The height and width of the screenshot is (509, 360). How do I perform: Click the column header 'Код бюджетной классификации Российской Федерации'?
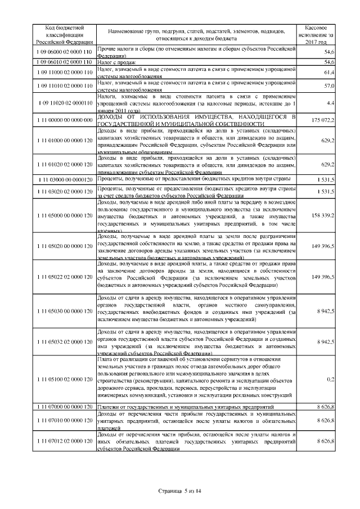65,34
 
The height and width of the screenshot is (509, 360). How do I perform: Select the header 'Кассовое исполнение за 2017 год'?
319,34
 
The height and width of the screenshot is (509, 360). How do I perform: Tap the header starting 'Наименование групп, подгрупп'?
197,34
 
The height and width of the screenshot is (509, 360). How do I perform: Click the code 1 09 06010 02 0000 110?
65,61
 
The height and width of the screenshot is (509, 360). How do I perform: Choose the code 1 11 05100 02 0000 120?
65,379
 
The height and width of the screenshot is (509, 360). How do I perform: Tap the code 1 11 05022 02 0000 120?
65,277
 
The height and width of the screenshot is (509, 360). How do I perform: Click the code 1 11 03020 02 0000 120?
65,192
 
